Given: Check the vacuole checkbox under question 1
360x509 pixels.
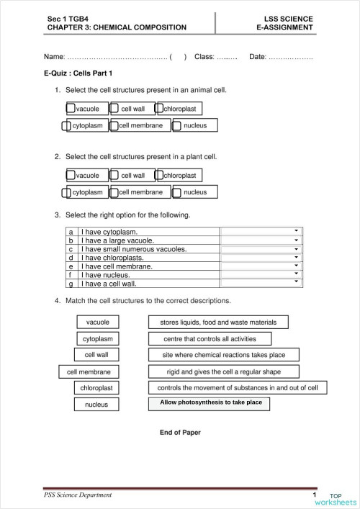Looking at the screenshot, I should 71,109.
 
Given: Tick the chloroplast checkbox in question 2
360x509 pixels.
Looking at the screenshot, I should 159,175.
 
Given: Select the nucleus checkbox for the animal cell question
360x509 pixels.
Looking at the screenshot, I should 177,126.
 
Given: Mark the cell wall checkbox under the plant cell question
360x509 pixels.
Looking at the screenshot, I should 114,175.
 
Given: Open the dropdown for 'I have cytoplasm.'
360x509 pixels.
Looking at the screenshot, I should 296,232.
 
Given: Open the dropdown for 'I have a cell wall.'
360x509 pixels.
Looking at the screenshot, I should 296,283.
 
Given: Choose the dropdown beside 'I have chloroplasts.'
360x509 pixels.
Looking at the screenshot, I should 296,257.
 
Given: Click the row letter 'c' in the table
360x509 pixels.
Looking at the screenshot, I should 71,249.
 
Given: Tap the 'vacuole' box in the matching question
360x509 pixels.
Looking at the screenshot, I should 97,322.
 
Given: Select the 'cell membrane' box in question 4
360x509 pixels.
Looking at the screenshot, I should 89,371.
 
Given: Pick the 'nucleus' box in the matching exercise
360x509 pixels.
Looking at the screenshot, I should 96,405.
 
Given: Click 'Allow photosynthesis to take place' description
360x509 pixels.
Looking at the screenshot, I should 210,403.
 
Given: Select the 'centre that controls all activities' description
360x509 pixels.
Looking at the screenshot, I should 211,338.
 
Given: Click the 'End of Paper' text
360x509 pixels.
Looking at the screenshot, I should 180,433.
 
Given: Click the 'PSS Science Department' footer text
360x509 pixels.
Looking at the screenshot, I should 78,495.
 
